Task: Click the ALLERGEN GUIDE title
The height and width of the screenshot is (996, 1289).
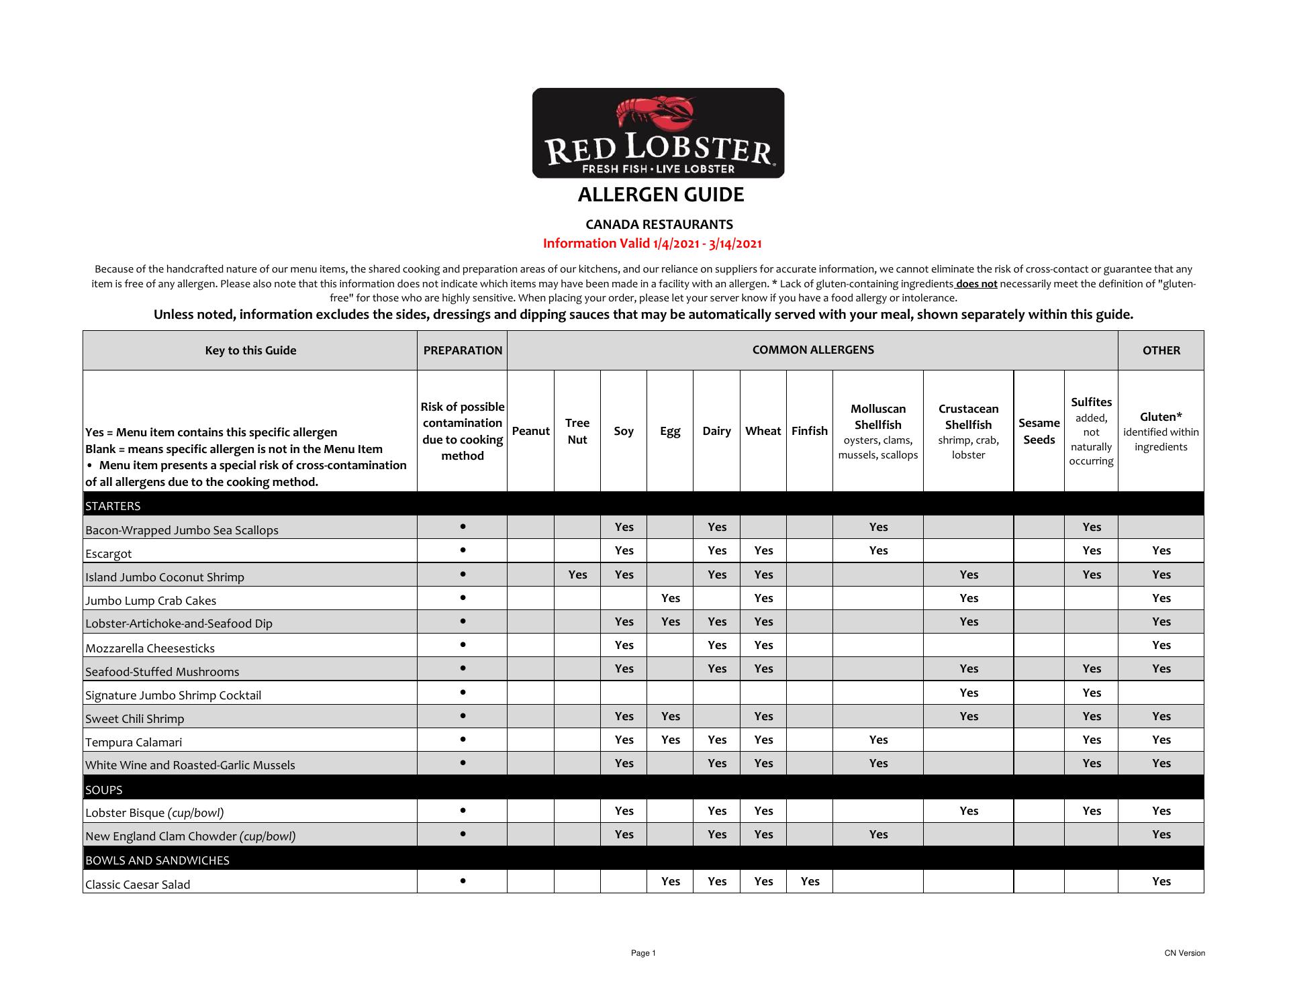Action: click(661, 195)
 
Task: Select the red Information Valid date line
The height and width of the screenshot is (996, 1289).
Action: click(652, 244)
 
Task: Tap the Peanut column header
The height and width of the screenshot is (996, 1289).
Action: click(530, 431)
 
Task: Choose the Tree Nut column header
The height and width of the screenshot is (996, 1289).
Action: click(577, 431)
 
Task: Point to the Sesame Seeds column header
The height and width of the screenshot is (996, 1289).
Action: click(1039, 431)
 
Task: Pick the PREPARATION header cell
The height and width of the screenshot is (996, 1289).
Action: click(463, 350)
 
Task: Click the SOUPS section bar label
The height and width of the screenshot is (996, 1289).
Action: click(104, 790)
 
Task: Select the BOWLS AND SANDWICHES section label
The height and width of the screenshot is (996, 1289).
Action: click(157, 860)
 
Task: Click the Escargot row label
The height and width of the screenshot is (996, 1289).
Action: click(109, 554)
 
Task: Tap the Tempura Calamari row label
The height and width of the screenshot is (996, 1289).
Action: click(134, 742)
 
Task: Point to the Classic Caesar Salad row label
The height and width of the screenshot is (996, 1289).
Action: click(138, 885)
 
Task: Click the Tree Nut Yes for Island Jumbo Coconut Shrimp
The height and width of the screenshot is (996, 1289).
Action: click(577, 575)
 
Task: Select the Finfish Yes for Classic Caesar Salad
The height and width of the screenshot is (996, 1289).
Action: click(810, 881)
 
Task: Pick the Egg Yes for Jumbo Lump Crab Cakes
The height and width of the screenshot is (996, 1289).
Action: click(670, 598)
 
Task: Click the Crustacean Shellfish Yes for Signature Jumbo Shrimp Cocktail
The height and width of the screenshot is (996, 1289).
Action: click(969, 693)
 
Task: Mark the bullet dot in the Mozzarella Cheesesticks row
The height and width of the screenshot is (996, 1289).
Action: click(463, 644)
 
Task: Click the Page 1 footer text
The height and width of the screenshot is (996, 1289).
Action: click(643, 953)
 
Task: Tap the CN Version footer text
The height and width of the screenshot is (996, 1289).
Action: click(1184, 953)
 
